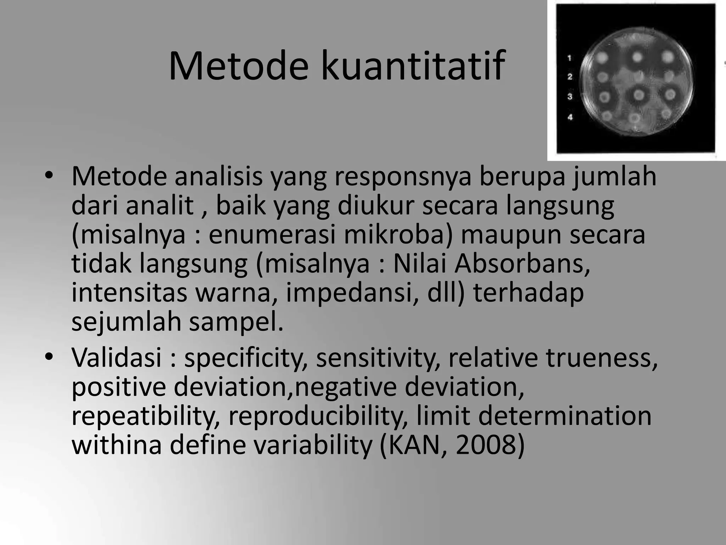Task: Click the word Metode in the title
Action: tap(239, 66)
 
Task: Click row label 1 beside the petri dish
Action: tap(570, 58)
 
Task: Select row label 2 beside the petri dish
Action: tap(570, 77)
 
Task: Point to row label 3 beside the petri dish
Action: tap(570, 97)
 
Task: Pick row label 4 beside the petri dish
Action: tap(570, 117)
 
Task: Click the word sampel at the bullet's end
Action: tap(236, 322)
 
